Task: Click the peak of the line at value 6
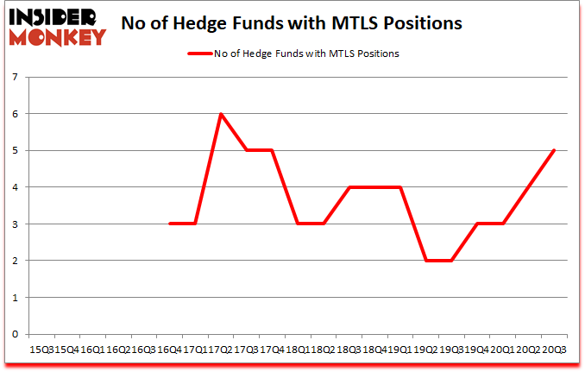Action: [x=221, y=114]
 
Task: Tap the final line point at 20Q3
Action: [x=554, y=150]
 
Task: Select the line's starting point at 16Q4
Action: [x=170, y=224]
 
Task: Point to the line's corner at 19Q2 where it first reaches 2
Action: [x=425, y=261]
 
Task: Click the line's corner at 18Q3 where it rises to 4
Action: [x=349, y=187]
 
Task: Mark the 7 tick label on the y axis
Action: [x=15, y=78]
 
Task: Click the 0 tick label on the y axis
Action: [x=15, y=334]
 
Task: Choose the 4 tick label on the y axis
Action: [x=15, y=187]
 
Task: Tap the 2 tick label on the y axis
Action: [x=15, y=261]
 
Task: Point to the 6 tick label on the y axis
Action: [x=15, y=114]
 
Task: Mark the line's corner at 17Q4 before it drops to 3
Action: [x=272, y=150]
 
